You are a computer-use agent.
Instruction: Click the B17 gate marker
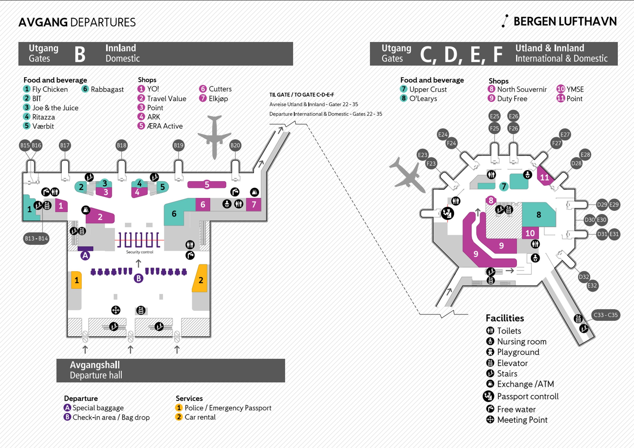click(x=65, y=145)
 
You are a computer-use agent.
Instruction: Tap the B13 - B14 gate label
click(x=36, y=238)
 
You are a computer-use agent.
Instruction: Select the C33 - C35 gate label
click(x=606, y=315)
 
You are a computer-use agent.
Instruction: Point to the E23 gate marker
click(x=423, y=155)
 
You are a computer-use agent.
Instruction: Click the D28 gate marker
click(x=576, y=163)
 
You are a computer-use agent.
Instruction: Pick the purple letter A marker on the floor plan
click(x=85, y=256)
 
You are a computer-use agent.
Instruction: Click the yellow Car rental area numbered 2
click(x=200, y=279)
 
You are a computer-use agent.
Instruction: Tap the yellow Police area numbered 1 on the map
click(x=76, y=280)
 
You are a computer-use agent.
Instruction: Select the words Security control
click(x=139, y=252)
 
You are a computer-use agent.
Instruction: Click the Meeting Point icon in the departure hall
click(x=116, y=310)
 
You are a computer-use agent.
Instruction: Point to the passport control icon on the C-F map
click(x=447, y=213)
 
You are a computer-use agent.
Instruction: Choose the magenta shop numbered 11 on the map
click(x=545, y=177)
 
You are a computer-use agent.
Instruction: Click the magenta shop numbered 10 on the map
click(x=530, y=233)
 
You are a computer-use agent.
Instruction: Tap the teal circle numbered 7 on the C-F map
click(x=504, y=186)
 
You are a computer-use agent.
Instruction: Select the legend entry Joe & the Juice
click(x=55, y=108)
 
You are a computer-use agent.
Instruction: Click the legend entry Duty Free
click(x=512, y=99)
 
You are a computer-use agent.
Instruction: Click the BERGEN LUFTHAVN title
click(x=565, y=21)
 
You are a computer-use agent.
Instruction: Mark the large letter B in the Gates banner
click(x=80, y=54)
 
